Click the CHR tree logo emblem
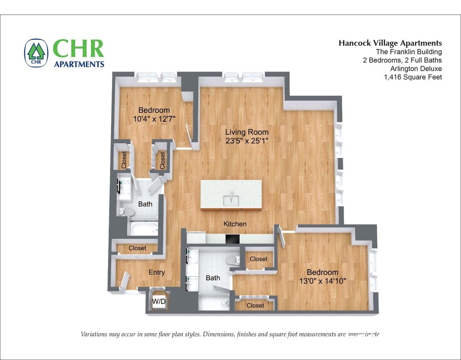tap(36, 53)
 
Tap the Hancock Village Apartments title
tap(390, 43)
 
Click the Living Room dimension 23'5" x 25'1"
tap(247, 141)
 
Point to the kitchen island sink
tap(231, 199)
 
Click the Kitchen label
tap(235, 224)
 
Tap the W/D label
tap(159, 302)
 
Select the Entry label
tap(157, 273)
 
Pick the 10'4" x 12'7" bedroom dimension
tap(154, 119)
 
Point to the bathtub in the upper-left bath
tap(144, 228)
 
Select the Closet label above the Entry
tap(137, 248)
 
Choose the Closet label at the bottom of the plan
tap(255, 305)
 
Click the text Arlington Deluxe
tap(416, 69)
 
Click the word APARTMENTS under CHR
tap(79, 64)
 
